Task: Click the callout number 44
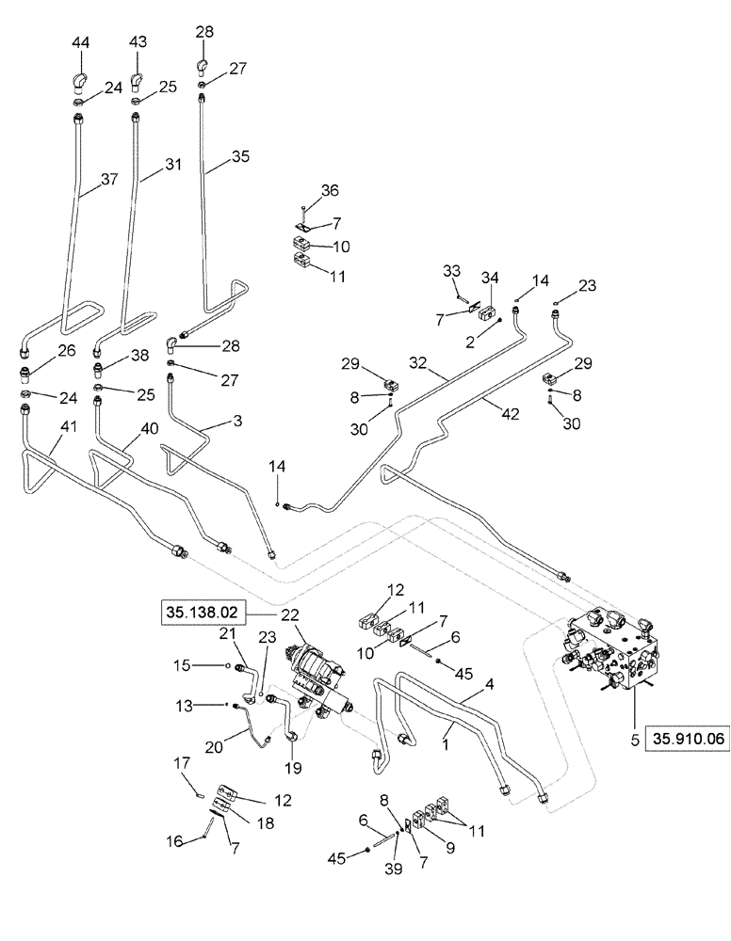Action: [82, 44]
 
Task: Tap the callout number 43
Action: [139, 44]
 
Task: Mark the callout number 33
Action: [452, 272]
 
